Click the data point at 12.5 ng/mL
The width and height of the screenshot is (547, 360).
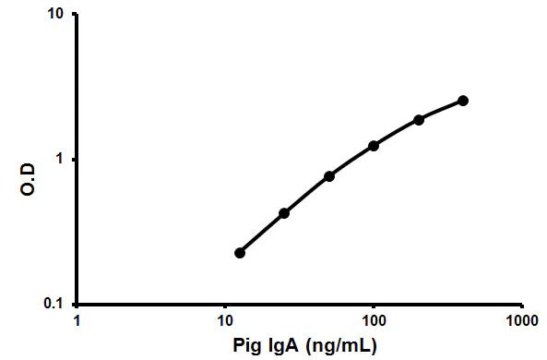pos(240,253)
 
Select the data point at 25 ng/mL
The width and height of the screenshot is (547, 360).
pos(284,213)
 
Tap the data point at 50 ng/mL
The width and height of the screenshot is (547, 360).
pos(329,176)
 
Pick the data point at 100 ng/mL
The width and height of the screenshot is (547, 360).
pos(374,146)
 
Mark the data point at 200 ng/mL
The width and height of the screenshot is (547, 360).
pos(419,120)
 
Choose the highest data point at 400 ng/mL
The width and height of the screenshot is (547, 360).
pos(463,101)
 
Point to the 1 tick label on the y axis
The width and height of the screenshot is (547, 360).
pos(62,160)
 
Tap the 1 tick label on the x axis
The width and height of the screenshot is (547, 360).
pos(77,322)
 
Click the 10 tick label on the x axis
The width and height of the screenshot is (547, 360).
pos(224,322)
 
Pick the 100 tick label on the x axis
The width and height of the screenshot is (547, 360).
pos(373,322)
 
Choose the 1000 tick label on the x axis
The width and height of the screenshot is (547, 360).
pos(520,322)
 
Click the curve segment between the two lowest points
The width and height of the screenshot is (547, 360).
pos(262,233)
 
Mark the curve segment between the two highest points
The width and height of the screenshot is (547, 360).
pos(441,110)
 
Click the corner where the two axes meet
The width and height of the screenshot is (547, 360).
pos(77,304)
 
